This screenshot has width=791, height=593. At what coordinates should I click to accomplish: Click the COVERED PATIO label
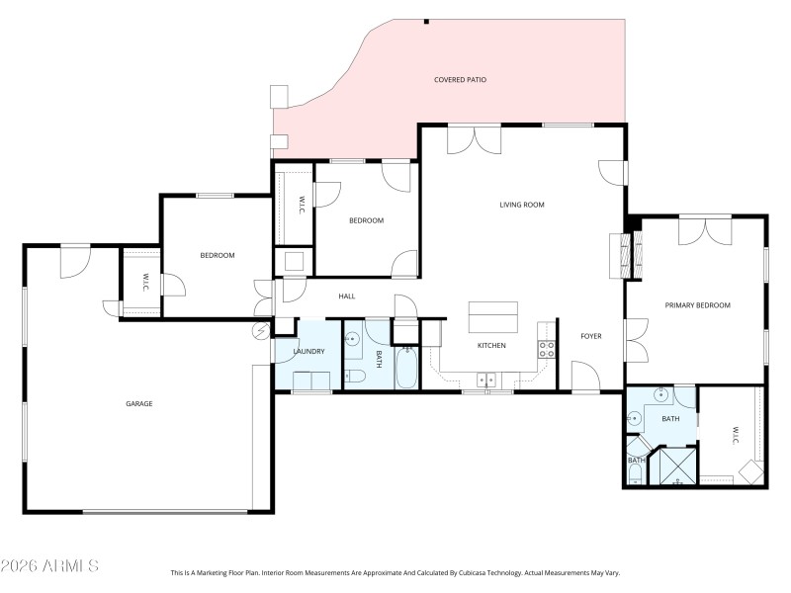[x=460, y=79]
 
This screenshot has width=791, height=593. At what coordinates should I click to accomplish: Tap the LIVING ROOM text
[x=522, y=205]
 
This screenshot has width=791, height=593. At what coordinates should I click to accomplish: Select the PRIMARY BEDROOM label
[x=697, y=305]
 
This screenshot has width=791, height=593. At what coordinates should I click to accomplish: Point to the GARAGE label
[x=138, y=403]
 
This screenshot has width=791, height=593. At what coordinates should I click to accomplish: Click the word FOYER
[x=590, y=336]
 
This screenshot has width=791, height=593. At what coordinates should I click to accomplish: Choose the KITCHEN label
[x=491, y=345]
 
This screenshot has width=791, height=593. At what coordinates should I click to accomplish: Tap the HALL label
[x=346, y=296]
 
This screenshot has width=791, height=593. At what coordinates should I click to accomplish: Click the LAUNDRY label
[x=308, y=352]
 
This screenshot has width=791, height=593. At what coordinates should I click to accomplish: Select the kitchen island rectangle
[x=492, y=318]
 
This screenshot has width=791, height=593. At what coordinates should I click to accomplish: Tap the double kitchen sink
[x=485, y=379]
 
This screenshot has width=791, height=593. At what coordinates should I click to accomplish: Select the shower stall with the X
[x=677, y=466]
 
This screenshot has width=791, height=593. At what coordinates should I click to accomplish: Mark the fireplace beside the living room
[x=620, y=256]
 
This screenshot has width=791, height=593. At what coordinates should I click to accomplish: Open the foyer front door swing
[x=584, y=375]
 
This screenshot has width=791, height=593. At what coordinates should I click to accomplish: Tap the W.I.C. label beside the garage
[x=145, y=281]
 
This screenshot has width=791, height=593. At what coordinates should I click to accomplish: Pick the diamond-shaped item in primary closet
[x=754, y=471]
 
